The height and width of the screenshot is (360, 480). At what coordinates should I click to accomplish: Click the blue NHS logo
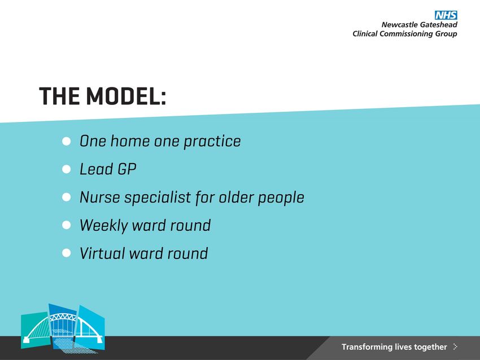446,15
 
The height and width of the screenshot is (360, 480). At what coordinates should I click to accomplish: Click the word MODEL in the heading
125,96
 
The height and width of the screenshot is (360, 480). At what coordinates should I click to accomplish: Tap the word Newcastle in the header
399,24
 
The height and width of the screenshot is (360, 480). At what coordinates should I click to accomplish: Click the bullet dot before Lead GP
67,169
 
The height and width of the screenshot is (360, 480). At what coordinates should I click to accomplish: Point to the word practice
212,142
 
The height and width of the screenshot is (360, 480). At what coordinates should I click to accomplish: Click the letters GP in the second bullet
126,169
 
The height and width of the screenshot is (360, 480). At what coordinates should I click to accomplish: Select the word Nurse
100,197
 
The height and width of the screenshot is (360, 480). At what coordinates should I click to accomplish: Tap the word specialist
158,197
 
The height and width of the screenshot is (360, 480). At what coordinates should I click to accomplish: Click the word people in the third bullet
281,197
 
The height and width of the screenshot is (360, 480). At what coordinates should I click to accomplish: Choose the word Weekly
103,226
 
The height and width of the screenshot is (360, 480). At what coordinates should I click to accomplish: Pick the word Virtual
102,253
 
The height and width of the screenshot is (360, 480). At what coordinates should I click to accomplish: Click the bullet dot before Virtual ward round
67,253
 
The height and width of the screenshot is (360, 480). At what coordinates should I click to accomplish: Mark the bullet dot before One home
67,141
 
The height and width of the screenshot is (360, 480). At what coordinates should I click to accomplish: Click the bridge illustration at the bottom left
63,328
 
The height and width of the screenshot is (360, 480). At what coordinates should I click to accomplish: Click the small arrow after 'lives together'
456,347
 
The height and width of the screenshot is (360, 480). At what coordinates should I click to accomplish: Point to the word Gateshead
438,24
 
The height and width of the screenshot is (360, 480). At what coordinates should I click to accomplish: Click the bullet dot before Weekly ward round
67,225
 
